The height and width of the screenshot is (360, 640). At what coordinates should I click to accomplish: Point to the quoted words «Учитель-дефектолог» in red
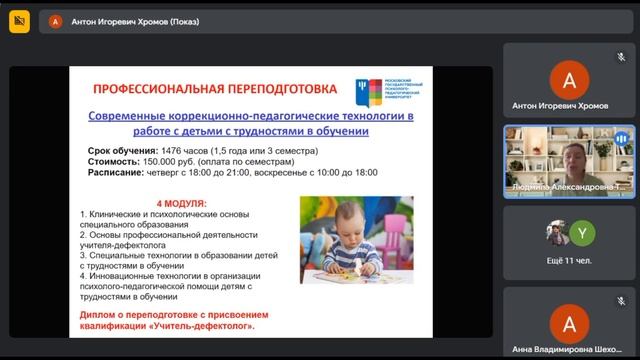click(x=203, y=326)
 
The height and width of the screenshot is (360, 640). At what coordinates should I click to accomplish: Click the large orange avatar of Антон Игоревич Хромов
click(x=570, y=77)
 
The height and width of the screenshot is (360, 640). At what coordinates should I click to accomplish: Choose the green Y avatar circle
click(x=586, y=234)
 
